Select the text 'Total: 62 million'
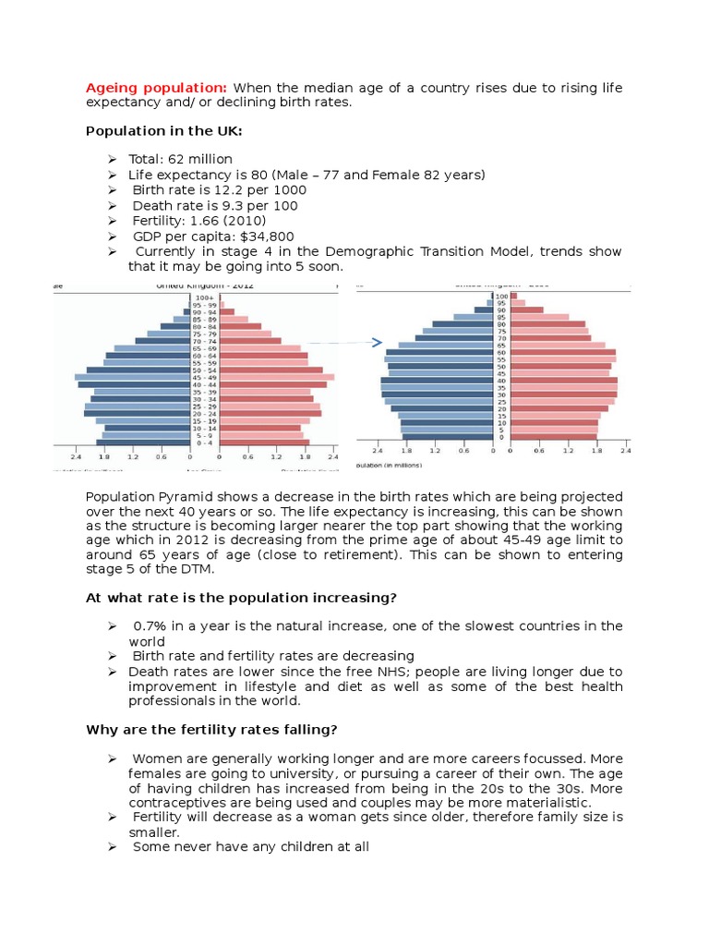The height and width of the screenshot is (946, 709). [180, 160]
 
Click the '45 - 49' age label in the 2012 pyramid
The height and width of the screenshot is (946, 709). [206, 377]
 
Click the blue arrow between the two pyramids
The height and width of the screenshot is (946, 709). [369, 343]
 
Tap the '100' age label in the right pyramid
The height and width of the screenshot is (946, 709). [502, 296]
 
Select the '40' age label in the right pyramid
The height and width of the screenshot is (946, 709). [501, 381]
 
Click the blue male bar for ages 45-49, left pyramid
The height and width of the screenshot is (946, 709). [133, 377]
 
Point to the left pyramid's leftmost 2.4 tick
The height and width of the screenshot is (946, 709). [76, 456]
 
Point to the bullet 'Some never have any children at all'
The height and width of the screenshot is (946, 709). [250, 846]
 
